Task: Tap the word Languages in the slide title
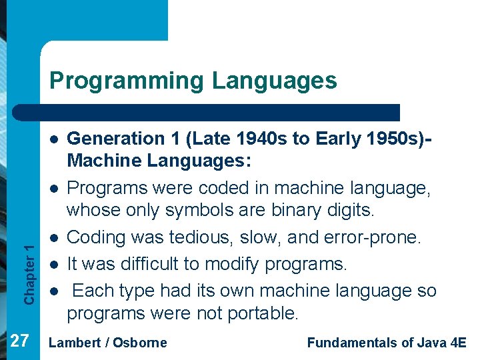pos(275,81)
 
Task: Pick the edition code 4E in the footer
pos(458,343)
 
